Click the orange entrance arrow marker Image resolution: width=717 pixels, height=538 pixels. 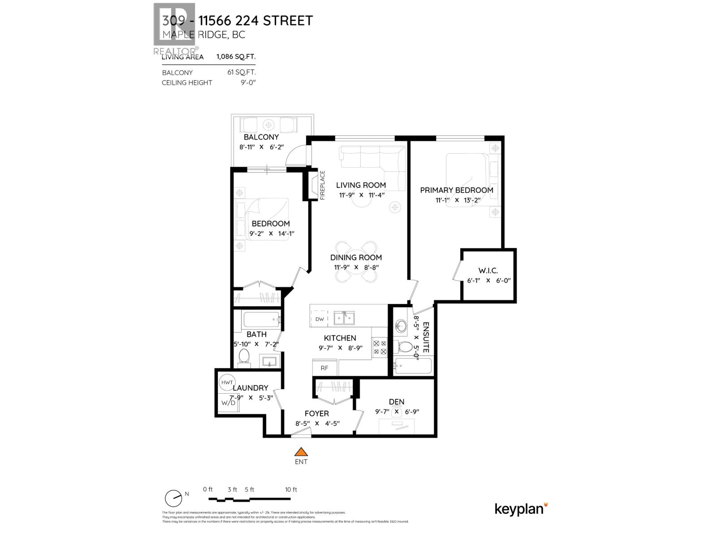point(301,451)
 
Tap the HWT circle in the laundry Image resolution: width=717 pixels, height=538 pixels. point(225,382)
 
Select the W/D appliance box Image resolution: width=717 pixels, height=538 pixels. point(228,402)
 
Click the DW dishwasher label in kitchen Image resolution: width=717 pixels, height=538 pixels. point(320,319)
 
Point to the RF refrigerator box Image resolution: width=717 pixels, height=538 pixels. point(324,368)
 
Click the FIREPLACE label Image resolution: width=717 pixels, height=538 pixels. point(322,185)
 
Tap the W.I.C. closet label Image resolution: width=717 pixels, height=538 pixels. point(488,270)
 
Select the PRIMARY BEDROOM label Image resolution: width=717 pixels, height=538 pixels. point(456,190)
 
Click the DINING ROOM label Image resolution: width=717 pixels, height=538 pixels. point(356,257)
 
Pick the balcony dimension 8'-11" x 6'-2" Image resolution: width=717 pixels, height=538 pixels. point(261,147)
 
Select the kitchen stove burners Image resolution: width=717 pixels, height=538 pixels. point(380,347)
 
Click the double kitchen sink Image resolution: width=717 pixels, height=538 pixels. point(344,318)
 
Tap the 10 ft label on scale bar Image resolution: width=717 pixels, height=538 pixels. point(291,490)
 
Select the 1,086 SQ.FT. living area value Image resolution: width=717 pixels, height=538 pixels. point(236,57)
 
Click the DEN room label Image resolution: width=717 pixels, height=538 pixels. point(397,402)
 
